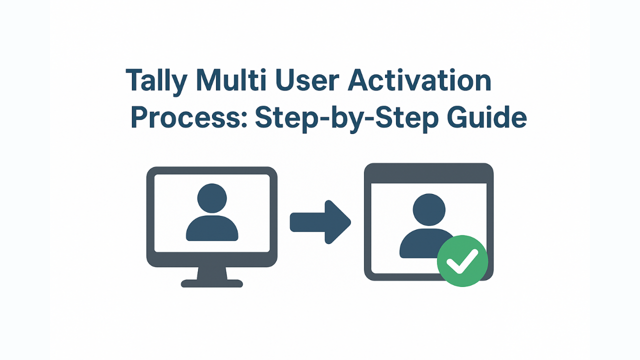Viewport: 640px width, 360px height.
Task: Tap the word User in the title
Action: click(307, 79)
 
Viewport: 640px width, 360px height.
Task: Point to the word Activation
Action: click(419, 79)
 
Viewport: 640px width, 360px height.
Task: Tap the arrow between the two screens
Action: click(320, 222)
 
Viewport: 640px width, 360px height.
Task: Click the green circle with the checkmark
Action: click(462, 261)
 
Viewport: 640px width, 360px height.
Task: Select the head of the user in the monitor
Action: click(212, 198)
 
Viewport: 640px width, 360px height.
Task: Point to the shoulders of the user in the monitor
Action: click(212, 228)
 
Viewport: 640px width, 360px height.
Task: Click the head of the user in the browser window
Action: click(429, 209)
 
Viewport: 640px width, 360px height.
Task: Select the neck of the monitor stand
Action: click(212, 273)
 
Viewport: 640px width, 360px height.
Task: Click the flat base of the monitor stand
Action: click(212, 283)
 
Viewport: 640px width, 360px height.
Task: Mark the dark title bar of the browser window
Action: click(428, 173)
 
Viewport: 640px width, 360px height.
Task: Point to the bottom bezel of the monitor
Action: click(212, 259)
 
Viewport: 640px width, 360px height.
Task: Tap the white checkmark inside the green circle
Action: click(462, 261)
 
